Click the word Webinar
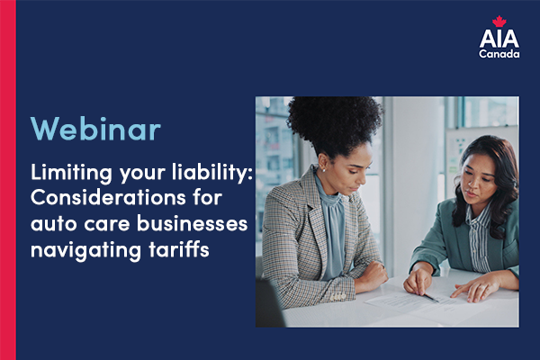(95, 128)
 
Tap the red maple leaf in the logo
(499, 22)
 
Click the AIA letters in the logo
(499, 39)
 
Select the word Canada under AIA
(499, 54)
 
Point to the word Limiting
(71, 173)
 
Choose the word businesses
(193, 223)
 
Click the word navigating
(85, 250)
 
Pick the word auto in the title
(54, 224)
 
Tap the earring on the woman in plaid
(323, 170)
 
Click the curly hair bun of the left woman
(334, 123)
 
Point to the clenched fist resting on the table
(372, 276)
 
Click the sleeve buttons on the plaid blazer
(337, 296)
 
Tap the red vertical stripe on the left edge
(8, 180)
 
